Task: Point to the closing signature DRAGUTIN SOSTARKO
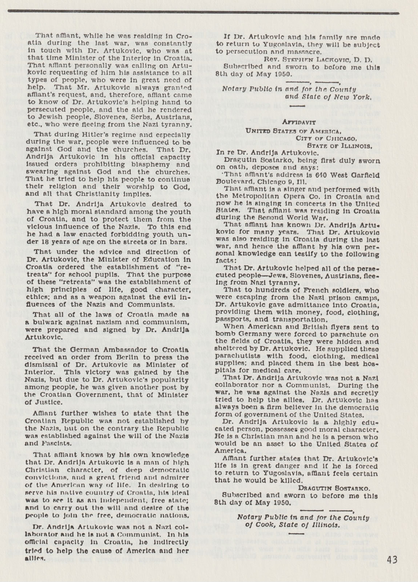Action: pos(334,488)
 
